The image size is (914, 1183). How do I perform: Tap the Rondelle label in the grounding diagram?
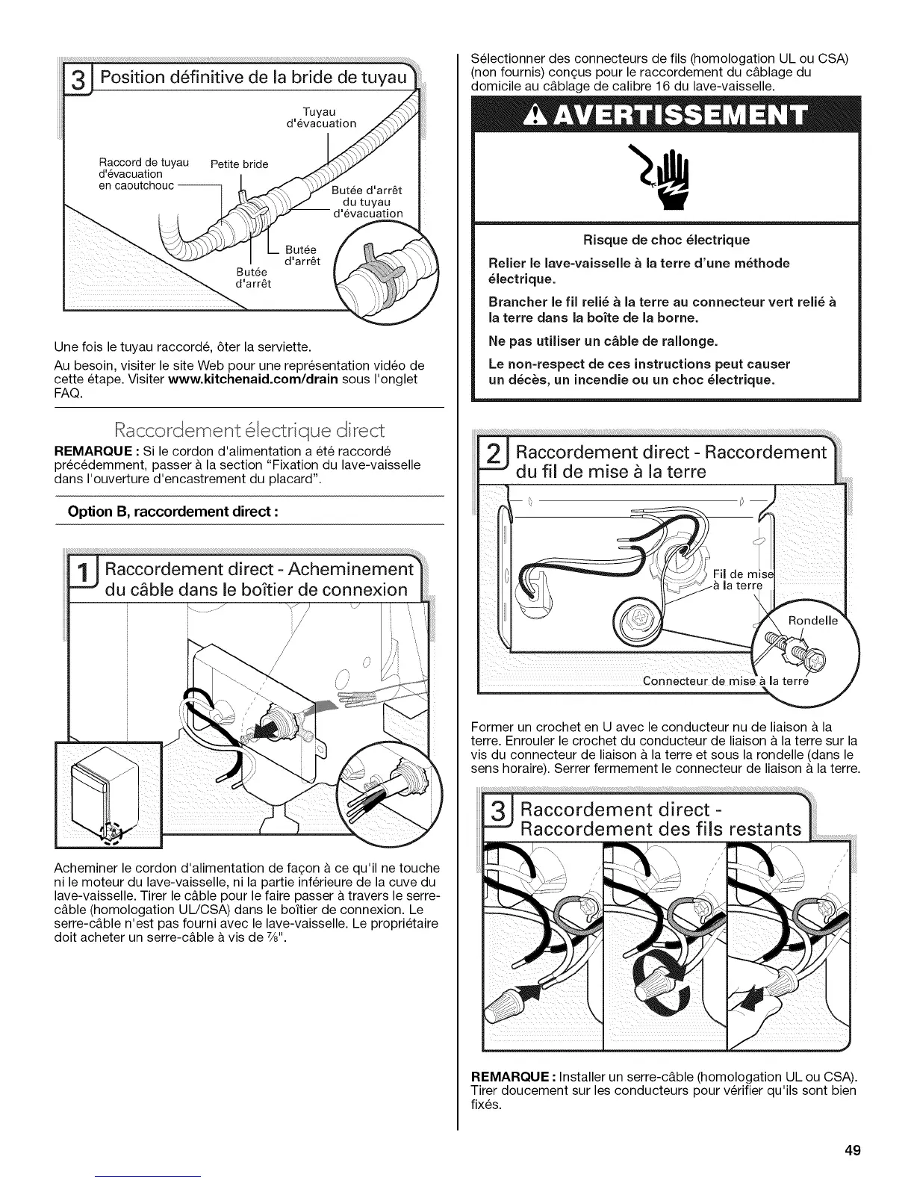[815, 621]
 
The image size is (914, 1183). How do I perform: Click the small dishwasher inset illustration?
[108, 795]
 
